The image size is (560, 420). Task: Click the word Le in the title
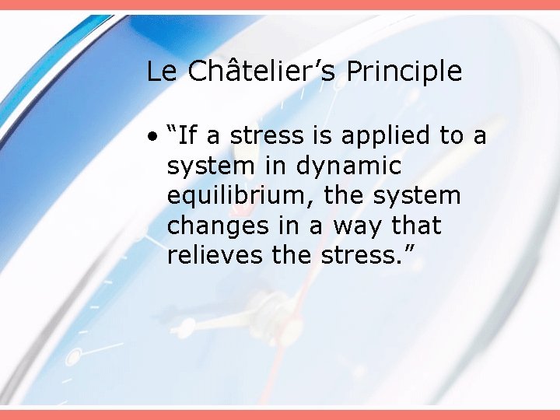(x=162, y=72)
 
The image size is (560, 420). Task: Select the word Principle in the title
(x=404, y=72)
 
